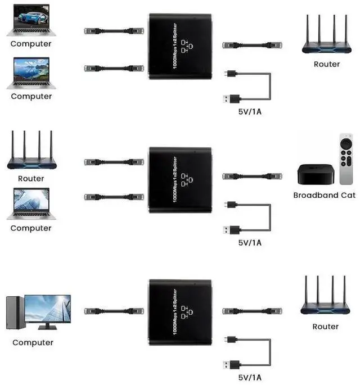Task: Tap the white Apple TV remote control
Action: (x=346, y=159)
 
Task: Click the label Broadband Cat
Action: (x=325, y=196)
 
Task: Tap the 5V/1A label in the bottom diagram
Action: (x=250, y=377)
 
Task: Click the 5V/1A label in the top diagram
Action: (x=250, y=112)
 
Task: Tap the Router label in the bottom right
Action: (x=326, y=327)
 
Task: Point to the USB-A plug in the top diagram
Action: (x=231, y=99)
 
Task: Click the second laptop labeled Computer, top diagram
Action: (x=31, y=73)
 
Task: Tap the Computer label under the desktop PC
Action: (x=33, y=342)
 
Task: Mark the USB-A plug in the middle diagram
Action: (x=231, y=229)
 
